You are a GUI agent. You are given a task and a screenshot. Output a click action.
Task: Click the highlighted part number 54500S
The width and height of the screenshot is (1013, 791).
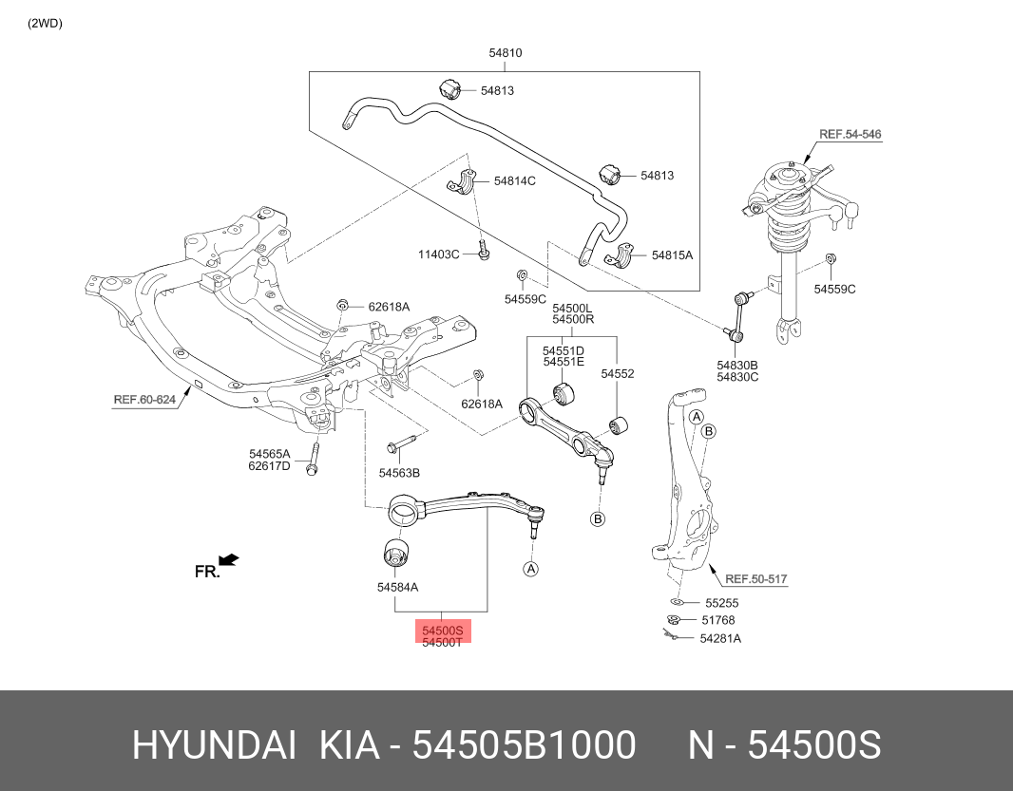point(442,630)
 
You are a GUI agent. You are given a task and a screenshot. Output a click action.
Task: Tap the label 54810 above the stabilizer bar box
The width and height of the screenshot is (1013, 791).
point(506,53)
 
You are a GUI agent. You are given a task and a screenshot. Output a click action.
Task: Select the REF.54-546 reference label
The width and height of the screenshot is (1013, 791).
point(850,135)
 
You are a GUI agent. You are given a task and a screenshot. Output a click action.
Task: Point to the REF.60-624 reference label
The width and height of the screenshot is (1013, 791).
point(144,400)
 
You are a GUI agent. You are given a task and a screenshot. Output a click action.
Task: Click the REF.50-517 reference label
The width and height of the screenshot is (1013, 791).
point(755,578)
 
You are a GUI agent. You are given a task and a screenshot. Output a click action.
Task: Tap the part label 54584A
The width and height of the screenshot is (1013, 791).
point(397,588)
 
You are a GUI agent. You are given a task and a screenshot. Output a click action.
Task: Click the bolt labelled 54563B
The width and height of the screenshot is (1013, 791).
point(400,445)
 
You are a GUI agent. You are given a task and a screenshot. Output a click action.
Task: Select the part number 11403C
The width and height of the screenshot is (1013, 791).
point(439,254)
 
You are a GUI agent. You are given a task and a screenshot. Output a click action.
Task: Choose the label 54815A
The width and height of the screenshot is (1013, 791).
point(673,255)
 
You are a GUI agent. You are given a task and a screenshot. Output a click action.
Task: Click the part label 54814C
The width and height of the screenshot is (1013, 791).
point(514,180)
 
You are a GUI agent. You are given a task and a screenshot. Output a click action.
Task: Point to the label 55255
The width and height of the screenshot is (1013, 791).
point(721,603)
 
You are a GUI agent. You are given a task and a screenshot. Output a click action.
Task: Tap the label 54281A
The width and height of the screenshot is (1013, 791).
point(719,638)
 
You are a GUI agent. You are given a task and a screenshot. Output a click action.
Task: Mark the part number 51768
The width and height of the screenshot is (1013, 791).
point(717,620)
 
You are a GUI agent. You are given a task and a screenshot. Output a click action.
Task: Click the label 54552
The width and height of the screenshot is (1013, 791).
point(617,374)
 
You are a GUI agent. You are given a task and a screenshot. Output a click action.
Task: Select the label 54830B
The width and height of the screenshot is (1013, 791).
point(737,365)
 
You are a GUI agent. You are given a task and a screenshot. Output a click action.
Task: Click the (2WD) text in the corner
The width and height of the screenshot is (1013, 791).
point(45,24)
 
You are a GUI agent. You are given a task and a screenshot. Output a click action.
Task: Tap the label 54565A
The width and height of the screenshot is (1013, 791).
point(270,454)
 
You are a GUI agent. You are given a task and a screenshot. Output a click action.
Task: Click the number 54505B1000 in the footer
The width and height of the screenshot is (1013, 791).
point(524,746)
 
